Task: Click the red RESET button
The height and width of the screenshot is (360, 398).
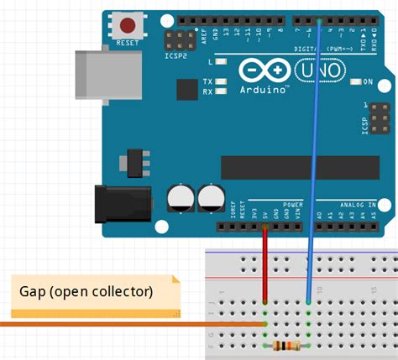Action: pos(128,25)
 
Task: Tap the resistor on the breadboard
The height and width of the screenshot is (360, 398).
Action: pos(288,346)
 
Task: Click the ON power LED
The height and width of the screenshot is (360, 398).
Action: pos(356,81)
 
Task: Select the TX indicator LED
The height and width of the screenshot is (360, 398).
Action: pos(221,81)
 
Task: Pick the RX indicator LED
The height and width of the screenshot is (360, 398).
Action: pos(221,91)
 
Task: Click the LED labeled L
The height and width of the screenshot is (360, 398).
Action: pos(221,62)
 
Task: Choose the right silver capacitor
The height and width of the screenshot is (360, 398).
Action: pos(209,198)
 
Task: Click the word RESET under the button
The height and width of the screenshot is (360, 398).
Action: pos(128,42)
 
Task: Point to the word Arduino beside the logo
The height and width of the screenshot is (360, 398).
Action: pos(263,89)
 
